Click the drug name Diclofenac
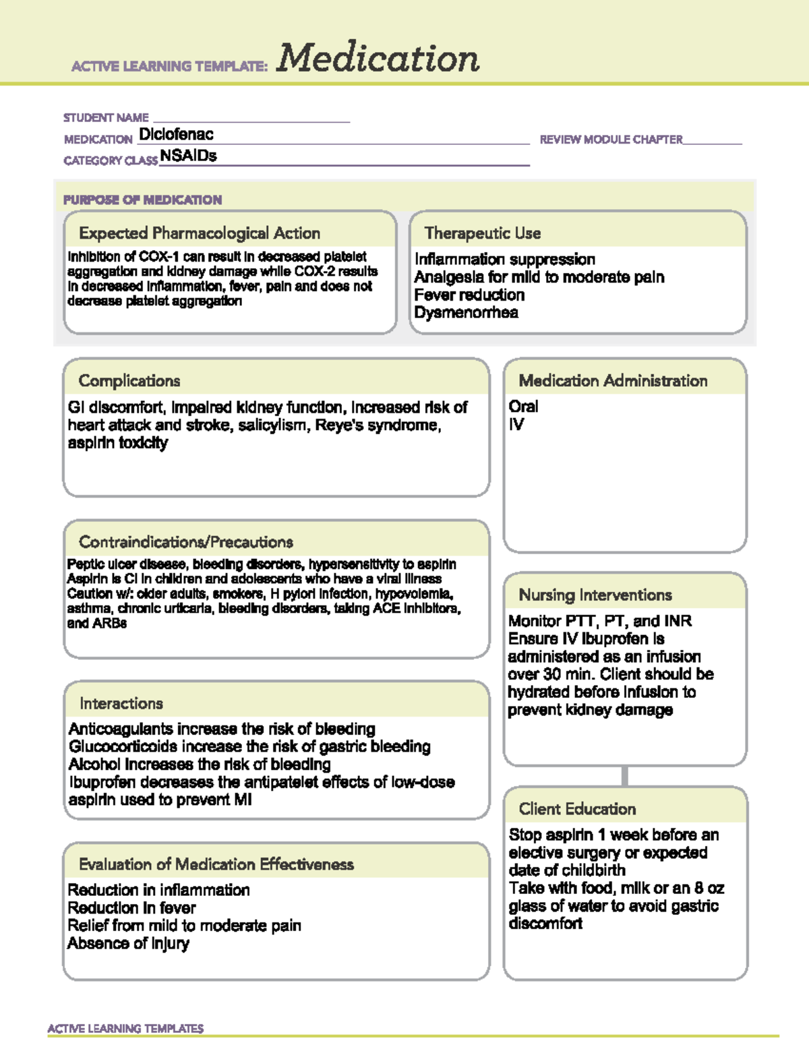click(x=176, y=134)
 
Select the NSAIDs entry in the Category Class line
click(x=189, y=156)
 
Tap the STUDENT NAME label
click(x=106, y=117)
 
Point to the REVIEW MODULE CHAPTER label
click(x=611, y=140)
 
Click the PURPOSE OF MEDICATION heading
click(x=142, y=200)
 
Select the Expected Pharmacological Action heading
click(x=200, y=233)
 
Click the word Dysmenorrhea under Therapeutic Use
click(x=466, y=312)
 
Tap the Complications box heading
click(x=129, y=381)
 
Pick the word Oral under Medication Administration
click(x=523, y=407)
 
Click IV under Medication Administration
click(x=516, y=424)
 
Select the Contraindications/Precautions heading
click(x=186, y=542)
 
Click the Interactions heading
click(x=121, y=703)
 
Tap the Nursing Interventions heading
click(x=595, y=595)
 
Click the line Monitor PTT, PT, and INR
click(x=600, y=621)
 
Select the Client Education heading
click(x=577, y=809)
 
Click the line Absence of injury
click(x=128, y=943)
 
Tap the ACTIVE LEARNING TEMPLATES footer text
click(x=125, y=1028)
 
